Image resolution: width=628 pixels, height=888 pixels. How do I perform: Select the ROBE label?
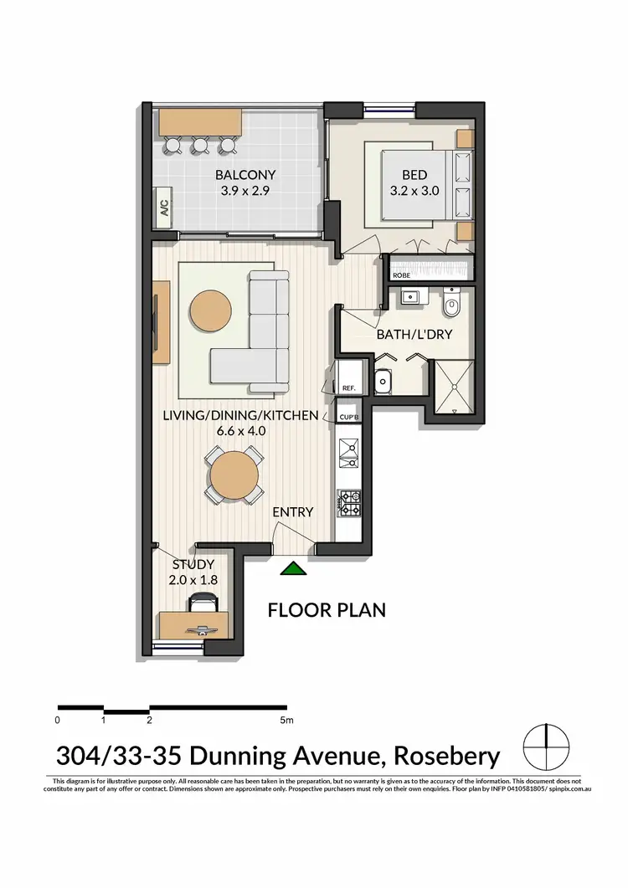click(401, 274)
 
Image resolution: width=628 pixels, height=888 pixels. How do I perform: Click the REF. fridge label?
click(349, 388)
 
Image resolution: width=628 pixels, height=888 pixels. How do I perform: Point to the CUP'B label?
click(349, 416)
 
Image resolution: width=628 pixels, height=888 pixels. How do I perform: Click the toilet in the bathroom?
click(452, 305)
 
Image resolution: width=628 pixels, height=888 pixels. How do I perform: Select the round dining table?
click(234, 475)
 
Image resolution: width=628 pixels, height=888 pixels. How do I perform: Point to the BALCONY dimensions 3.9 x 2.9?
click(245, 190)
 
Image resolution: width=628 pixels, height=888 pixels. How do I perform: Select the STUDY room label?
click(193, 564)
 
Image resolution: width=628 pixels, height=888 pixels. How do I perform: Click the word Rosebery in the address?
click(445, 757)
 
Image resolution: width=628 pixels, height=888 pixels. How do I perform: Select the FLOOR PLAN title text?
click(327, 609)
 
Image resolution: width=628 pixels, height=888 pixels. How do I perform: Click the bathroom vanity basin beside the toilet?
click(410, 296)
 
